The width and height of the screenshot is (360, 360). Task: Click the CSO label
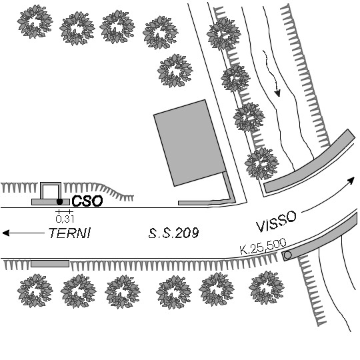pyautogui.click(x=87, y=201)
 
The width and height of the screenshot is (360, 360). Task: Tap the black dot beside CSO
pyautogui.click(x=60, y=202)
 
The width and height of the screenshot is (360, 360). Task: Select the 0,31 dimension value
pyautogui.click(x=65, y=219)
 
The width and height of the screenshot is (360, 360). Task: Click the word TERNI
pyautogui.click(x=69, y=233)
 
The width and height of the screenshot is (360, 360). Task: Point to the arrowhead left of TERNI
pyautogui.click(x=6, y=233)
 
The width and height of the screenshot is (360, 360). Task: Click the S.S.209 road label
pyautogui.click(x=173, y=233)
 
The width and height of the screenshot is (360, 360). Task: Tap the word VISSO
pyautogui.click(x=276, y=221)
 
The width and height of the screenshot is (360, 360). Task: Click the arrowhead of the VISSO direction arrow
pyautogui.click(x=351, y=180)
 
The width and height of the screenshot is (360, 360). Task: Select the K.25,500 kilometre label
pyautogui.click(x=263, y=247)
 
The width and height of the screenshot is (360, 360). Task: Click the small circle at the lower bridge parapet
pyautogui.click(x=288, y=255)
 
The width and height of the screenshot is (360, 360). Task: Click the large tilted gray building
pyautogui.click(x=189, y=143)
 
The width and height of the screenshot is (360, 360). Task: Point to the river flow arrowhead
pyautogui.click(x=277, y=93)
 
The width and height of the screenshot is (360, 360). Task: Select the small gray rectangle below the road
pyautogui.click(x=50, y=263)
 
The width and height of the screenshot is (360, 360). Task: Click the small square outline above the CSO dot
pyautogui.click(x=51, y=184)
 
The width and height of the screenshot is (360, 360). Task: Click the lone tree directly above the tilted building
pyautogui.click(x=175, y=71)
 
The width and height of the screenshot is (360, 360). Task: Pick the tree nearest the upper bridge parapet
pyautogui.click(x=262, y=164)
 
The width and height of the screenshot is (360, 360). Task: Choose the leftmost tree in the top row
pyautogui.click(x=35, y=21)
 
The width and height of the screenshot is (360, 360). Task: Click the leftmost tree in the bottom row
pyautogui.click(x=35, y=290)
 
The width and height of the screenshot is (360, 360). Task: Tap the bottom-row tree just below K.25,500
pyautogui.click(x=266, y=287)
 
